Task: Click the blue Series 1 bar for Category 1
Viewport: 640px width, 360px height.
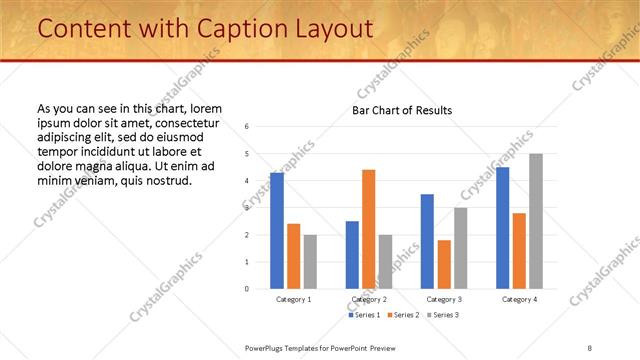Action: [277, 231]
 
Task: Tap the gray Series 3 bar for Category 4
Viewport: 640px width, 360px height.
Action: [536, 221]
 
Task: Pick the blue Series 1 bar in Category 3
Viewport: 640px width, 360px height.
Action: [427, 241]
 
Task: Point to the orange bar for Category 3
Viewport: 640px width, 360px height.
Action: [444, 264]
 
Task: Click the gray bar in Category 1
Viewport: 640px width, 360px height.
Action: [310, 262]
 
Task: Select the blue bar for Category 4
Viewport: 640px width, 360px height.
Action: [503, 228]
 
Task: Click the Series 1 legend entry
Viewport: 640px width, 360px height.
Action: [365, 315]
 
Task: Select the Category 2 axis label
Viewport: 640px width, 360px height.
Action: [369, 299]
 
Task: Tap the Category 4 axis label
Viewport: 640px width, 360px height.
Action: [519, 299]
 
